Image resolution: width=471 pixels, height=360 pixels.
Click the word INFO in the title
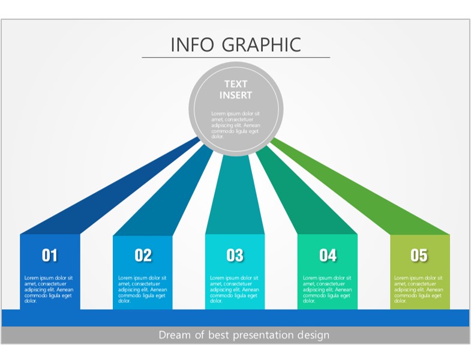tap(192, 45)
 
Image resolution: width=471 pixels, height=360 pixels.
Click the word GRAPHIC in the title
tap(262, 45)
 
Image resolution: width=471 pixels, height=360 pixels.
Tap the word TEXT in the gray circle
tap(236, 84)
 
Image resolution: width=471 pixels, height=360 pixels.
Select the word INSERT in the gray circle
tap(236, 95)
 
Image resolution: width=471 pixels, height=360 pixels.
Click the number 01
tap(50, 256)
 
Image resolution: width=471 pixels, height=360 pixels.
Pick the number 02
tap(143, 256)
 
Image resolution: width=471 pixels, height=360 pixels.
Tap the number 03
tap(235, 256)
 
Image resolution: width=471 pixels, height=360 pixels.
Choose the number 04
tap(328, 256)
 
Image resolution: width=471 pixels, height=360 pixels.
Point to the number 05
tap(419, 256)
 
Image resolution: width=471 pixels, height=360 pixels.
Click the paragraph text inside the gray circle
tap(235, 125)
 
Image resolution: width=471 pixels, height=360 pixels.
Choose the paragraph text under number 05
tap(419, 289)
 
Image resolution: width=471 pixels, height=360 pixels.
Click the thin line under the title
tap(236, 57)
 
